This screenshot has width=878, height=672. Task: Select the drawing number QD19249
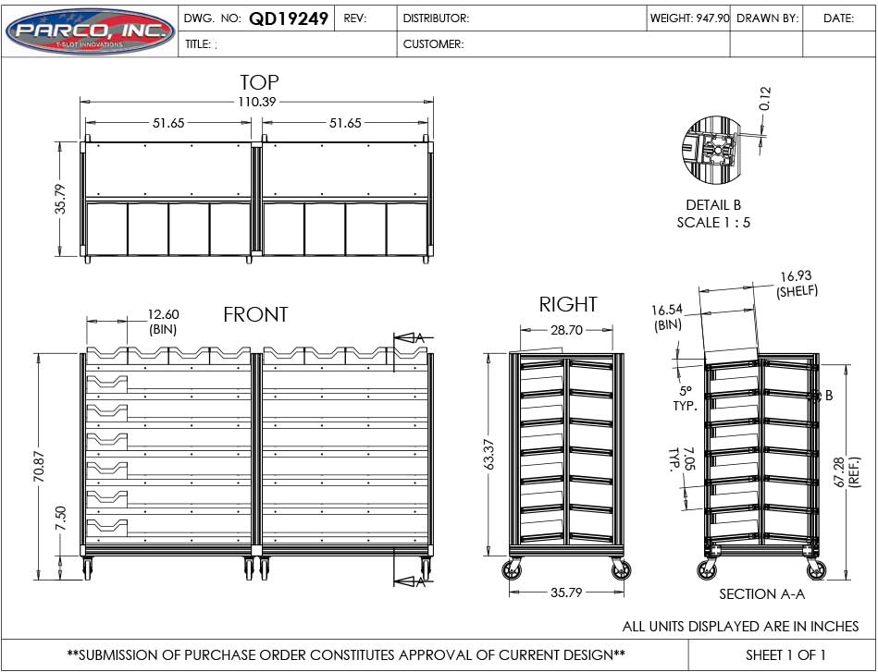click(289, 18)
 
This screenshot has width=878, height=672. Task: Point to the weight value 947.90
click(711, 18)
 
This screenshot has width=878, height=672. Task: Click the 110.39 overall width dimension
click(257, 102)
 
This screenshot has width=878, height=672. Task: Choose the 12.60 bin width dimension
click(164, 314)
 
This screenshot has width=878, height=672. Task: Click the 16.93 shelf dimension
click(796, 275)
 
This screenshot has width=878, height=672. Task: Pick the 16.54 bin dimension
click(667, 311)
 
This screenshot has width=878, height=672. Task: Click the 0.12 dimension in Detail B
click(765, 99)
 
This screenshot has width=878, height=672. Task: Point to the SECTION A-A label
click(761, 594)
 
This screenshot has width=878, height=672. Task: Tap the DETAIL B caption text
click(712, 205)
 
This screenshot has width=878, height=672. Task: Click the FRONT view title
click(255, 315)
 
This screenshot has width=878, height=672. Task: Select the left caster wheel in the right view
click(512, 570)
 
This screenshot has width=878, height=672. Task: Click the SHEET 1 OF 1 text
click(785, 654)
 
